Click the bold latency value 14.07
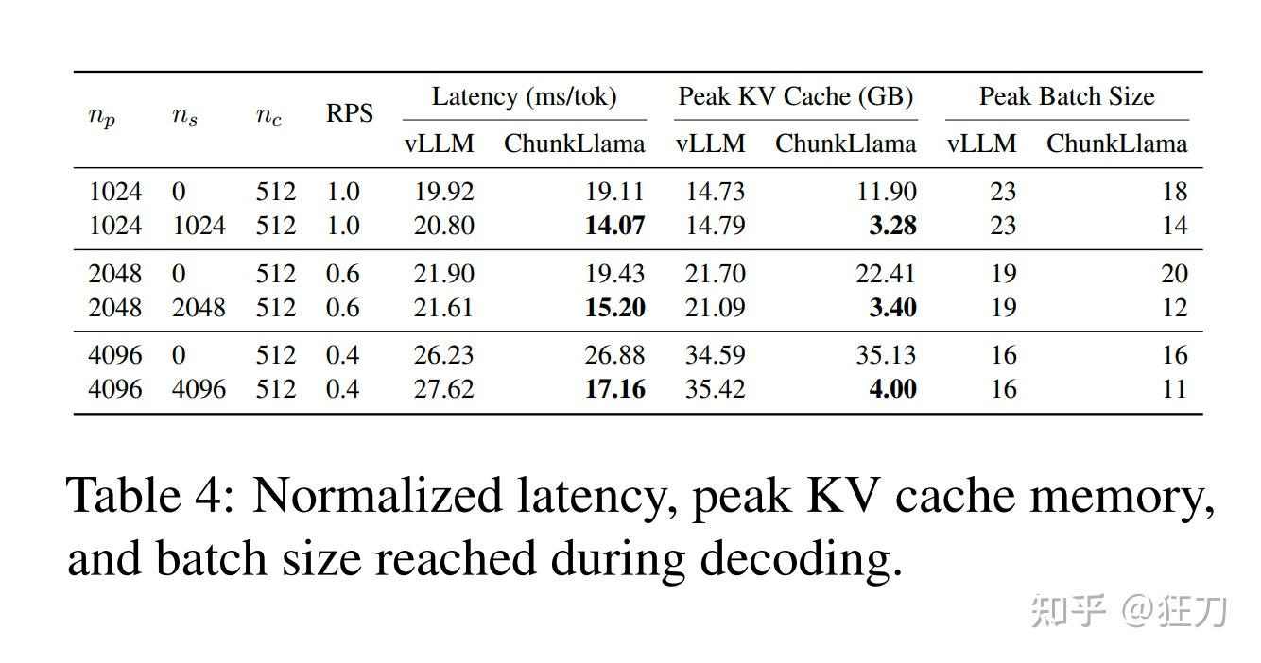(x=614, y=227)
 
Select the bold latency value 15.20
(x=614, y=308)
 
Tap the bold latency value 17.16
(x=614, y=389)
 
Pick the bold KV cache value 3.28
(x=892, y=227)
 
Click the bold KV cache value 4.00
(x=892, y=389)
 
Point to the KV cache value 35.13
(x=886, y=355)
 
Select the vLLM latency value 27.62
(x=443, y=389)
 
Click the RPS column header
(x=350, y=114)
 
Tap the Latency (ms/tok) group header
(x=524, y=96)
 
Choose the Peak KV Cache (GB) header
(x=795, y=96)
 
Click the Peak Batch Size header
(x=1066, y=96)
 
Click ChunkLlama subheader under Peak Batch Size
(x=1116, y=144)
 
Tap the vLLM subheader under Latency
(x=440, y=144)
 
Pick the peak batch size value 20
(x=1174, y=274)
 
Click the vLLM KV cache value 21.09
(x=715, y=308)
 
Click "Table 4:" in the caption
(x=150, y=496)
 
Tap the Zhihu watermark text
(x=1129, y=611)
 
